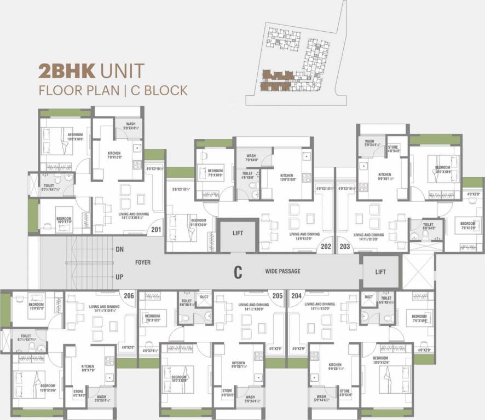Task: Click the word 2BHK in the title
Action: tap(68, 71)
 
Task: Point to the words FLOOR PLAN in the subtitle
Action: tap(78, 90)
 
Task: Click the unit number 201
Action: tap(157, 229)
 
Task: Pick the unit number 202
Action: tap(326, 246)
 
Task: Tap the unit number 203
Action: tap(345, 246)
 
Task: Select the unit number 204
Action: tap(296, 295)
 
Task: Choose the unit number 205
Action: tap(278, 295)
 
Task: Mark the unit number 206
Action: tap(129, 295)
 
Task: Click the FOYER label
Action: tap(143, 262)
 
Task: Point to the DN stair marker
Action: tap(119, 249)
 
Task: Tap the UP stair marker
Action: tap(119, 277)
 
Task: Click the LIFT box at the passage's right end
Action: tap(380, 272)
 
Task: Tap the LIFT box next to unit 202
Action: tap(238, 233)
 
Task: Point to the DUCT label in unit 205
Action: tap(204, 297)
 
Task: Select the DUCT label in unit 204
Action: tap(368, 297)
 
